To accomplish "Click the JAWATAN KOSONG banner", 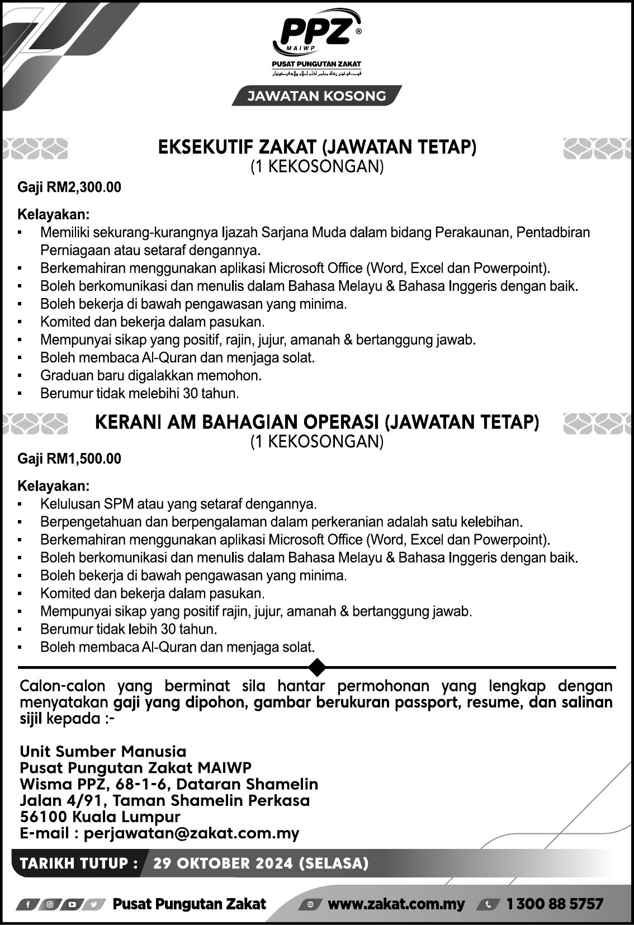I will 316,96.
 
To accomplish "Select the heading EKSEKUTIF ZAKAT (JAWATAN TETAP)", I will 316,147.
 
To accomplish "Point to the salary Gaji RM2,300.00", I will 69,187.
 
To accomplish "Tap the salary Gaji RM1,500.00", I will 69,459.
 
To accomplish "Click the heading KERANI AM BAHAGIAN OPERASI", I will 316,422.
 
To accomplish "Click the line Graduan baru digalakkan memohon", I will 151,375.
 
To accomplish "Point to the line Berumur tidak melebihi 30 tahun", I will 140,393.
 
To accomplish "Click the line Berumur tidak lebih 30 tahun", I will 129,629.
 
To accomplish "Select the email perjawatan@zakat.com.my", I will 192,833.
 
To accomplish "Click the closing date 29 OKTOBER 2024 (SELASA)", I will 261,863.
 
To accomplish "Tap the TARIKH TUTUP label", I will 79,863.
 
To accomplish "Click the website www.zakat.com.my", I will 396,904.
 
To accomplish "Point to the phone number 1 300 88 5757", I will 555,904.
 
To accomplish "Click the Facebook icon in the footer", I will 27,905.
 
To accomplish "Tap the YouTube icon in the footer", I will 72,905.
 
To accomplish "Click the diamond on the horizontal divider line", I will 317,667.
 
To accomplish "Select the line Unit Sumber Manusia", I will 103,751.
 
